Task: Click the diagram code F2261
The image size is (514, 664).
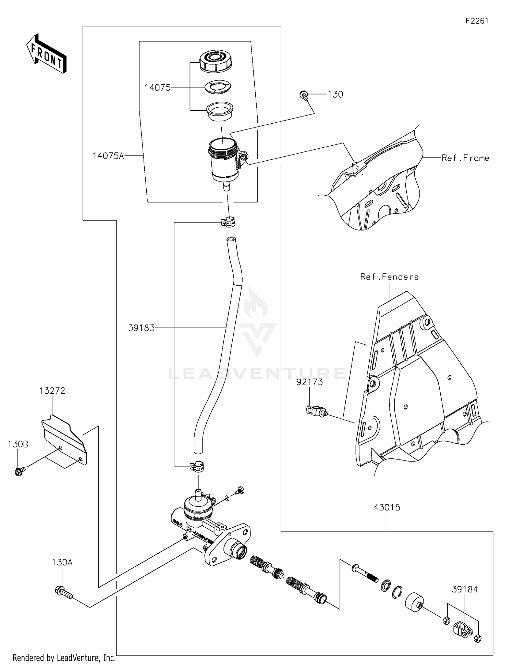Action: coord(477,21)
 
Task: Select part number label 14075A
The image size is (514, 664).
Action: coord(108,156)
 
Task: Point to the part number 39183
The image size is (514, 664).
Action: coord(141,328)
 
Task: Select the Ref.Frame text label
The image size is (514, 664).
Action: coord(465,158)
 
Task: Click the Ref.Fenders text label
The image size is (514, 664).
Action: coord(389,277)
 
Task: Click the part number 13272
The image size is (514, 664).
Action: coord(52,391)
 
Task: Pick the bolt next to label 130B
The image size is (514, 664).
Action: coord(19,471)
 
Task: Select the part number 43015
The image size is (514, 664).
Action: coord(387,507)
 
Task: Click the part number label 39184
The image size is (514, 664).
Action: coord(464,589)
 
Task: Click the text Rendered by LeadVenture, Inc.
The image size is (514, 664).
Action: coord(64,658)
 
